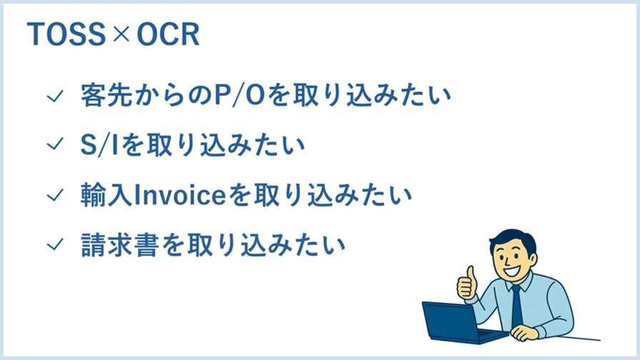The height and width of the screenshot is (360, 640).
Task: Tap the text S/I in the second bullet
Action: click(x=100, y=145)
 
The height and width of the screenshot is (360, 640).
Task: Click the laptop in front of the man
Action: click(x=454, y=322)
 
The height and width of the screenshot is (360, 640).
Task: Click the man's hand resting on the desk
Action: click(x=526, y=333)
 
